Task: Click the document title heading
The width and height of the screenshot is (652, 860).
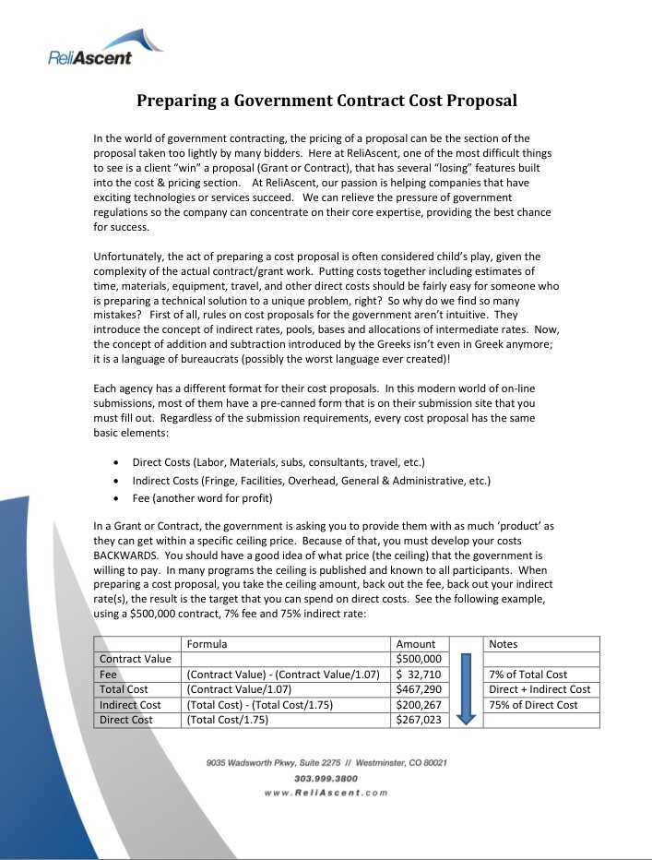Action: (x=326, y=101)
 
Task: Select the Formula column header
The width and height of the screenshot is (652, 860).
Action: (x=207, y=644)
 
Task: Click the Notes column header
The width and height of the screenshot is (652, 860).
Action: (x=504, y=644)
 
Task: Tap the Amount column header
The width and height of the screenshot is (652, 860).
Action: (x=415, y=644)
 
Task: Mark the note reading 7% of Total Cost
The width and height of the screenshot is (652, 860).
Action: (x=528, y=675)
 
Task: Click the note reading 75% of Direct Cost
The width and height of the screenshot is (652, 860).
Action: (x=533, y=705)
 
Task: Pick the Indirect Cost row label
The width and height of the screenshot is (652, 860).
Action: (x=130, y=705)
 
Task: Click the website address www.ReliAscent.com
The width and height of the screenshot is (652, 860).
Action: (x=326, y=793)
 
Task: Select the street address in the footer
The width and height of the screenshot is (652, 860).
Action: (x=326, y=763)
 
